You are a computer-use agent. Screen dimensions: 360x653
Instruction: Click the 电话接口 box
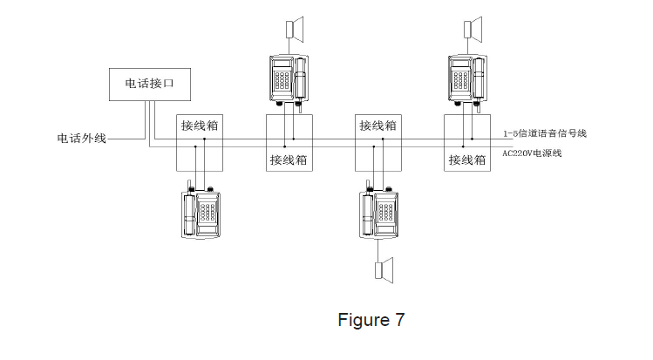point(147,85)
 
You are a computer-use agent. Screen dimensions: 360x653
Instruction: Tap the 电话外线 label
point(81,138)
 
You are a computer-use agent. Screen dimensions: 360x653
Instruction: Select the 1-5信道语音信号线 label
point(545,133)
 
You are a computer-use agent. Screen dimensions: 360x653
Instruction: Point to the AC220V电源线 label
point(533,154)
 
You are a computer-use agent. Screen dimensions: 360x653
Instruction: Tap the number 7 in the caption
point(399,320)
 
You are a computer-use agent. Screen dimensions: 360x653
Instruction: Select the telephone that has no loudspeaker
point(200,212)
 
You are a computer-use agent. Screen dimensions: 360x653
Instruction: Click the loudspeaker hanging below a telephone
point(384,269)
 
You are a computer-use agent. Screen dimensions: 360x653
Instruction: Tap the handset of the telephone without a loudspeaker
point(188,212)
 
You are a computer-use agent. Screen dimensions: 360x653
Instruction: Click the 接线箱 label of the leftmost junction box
point(200,126)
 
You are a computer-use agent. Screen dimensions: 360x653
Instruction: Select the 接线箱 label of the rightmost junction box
point(466,160)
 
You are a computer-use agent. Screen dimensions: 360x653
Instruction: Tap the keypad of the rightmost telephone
point(459,80)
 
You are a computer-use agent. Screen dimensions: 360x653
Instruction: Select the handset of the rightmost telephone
point(479,80)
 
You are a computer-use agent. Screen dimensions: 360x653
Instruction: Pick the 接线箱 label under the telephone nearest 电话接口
point(289,160)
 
